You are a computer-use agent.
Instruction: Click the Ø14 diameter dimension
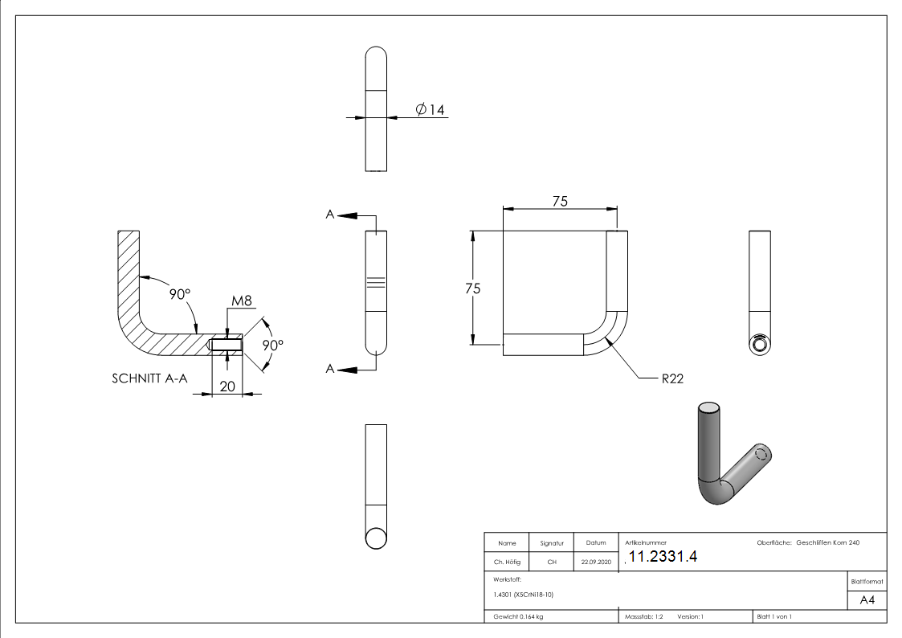click(x=431, y=109)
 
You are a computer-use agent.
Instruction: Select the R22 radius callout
click(x=672, y=378)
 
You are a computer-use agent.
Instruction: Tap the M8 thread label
click(x=242, y=301)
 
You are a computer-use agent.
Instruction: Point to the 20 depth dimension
click(x=227, y=386)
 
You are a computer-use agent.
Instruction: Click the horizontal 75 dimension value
click(x=560, y=202)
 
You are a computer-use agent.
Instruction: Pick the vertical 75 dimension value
click(x=473, y=288)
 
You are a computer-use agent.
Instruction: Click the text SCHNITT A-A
click(x=149, y=378)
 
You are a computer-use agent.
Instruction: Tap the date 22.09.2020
click(x=596, y=562)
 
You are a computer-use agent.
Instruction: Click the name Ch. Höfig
click(x=506, y=562)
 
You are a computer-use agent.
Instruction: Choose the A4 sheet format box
click(x=867, y=600)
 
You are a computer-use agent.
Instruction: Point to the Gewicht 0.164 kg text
click(x=518, y=617)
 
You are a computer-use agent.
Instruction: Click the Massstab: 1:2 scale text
click(x=644, y=617)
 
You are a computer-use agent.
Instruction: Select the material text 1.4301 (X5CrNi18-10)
click(x=524, y=595)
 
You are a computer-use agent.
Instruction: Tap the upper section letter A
click(x=329, y=215)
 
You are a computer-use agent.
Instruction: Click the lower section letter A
click(x=329, y=369)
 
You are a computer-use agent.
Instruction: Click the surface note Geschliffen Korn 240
click(x=827, y=543)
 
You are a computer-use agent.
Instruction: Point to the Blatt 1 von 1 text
click(x=774, y=617)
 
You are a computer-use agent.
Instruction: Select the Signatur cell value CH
click(x=552, y=562)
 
